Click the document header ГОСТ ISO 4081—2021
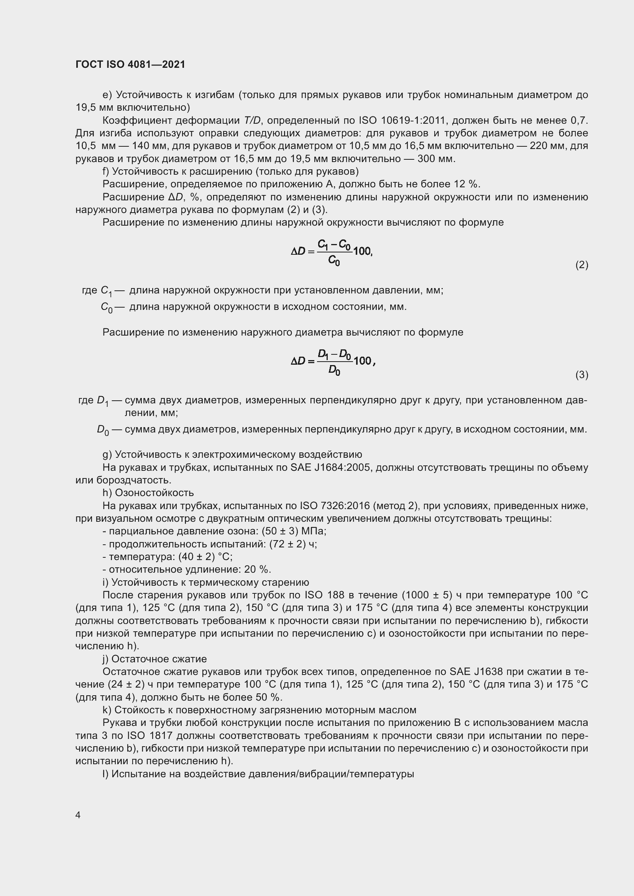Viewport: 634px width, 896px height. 130,64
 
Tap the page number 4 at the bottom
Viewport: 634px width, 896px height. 78,815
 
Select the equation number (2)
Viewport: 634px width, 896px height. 582,265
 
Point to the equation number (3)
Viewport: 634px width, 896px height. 582,375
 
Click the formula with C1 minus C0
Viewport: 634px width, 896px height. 332,252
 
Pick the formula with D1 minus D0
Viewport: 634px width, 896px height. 333,361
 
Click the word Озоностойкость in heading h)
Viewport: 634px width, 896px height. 154,493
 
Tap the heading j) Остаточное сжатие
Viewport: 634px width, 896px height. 154,659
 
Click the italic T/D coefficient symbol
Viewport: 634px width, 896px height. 252,121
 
